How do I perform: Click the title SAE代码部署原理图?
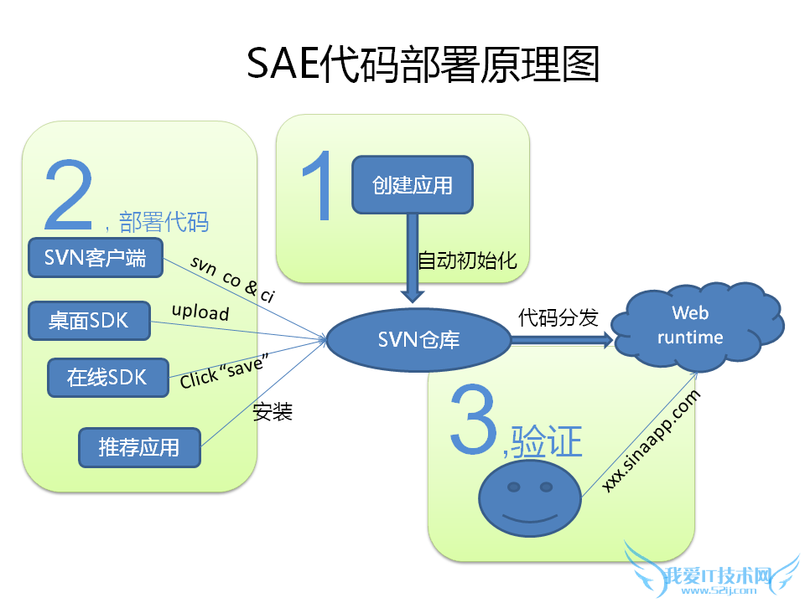(423, 64)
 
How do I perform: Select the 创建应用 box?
(412, 184)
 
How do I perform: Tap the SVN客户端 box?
(95, 258)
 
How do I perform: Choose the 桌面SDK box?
(88, 321)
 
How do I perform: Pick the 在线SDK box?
(106, 378)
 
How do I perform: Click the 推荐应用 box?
(139, 447)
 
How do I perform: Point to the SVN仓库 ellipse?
(418, 340)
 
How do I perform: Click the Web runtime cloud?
(695, 326)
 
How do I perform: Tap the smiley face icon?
(529, 500)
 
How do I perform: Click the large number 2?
(69, 196)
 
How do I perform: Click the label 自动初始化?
(467, 261)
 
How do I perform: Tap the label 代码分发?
(558, 317)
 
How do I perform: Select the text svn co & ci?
(232, 278)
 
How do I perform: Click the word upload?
(200, 312)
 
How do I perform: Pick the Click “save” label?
(224, 372)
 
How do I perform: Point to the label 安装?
(272, 412)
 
